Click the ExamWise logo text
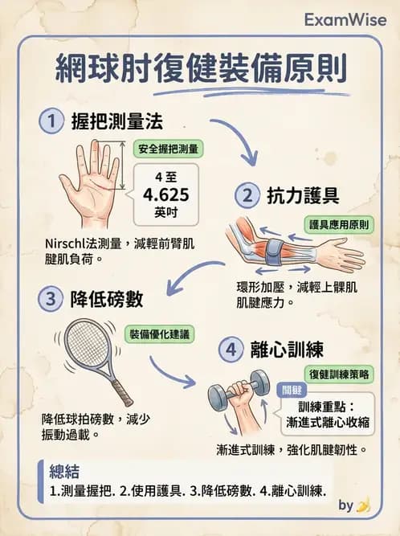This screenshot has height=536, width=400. [x=343, y=19]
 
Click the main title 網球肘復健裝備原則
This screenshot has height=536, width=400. [x=201, y=70]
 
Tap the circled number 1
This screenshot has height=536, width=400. [x=51, y=121]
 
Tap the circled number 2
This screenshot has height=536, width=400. [x=246, y=194]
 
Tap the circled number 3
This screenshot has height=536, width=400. [x=51, y=299]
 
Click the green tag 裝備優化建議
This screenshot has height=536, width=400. [x=161, y=333]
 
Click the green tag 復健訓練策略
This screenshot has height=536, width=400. [x=339, y=375]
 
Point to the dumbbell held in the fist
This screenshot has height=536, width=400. [x=239, y=391]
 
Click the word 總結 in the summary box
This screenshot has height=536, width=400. [x=64, y=470]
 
